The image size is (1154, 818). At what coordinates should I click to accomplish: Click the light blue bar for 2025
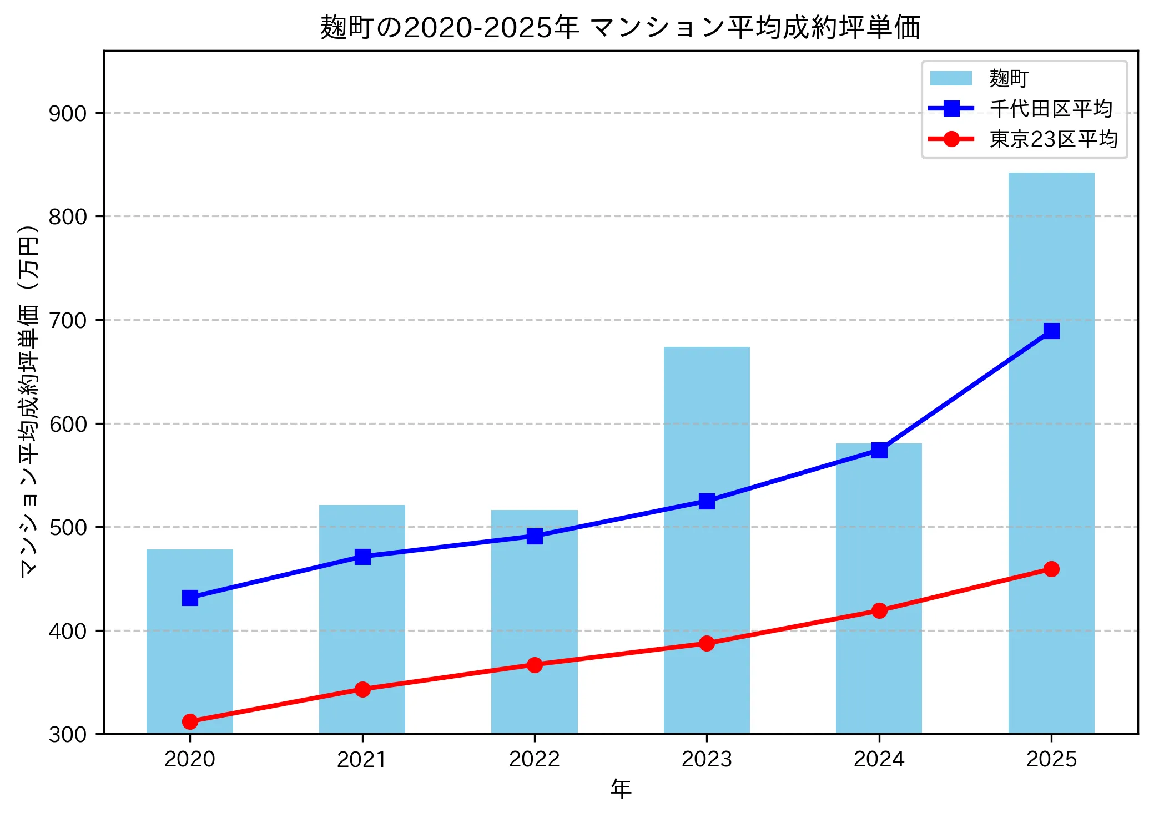[1051, 455]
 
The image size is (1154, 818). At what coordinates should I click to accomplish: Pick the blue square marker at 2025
[1051, 331]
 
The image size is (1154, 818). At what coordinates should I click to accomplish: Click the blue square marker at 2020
[190, 598]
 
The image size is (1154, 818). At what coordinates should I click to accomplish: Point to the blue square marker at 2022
[535, 536]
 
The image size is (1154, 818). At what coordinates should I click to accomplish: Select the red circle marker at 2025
[1051, 569]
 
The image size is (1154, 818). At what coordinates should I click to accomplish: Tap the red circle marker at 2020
[190, 721]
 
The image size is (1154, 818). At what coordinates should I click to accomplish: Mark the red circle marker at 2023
[706, 643]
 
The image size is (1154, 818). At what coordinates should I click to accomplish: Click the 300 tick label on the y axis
[68, 734]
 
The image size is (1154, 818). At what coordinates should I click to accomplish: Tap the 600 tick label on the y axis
[68, 424]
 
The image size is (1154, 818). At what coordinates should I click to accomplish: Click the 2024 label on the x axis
[879, 759]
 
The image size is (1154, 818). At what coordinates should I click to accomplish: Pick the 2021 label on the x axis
[362, 759]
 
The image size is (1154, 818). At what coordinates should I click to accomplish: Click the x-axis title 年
[621, 789]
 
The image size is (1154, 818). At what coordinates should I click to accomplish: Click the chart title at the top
[620, 27]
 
